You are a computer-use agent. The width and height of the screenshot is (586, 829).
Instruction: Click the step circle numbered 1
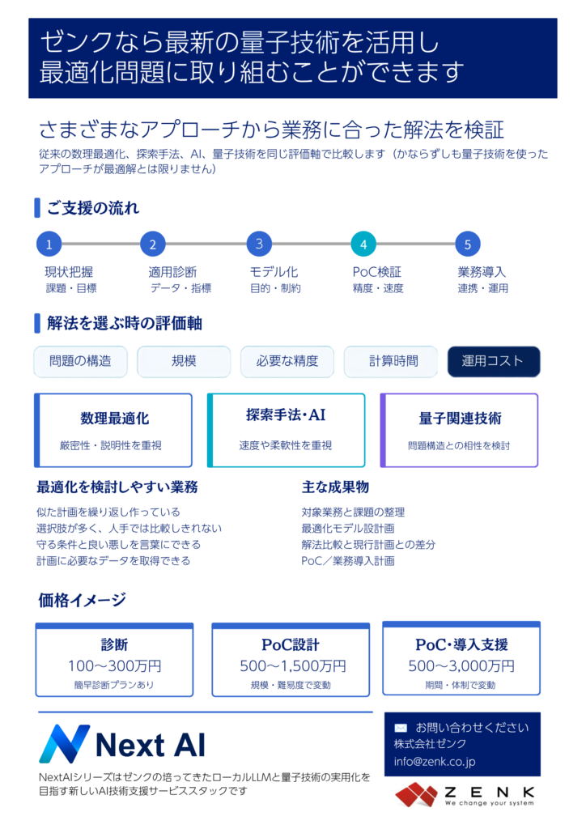49,244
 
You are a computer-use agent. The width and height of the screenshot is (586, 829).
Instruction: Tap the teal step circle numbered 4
363,244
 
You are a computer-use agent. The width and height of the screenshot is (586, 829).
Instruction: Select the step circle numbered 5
468,244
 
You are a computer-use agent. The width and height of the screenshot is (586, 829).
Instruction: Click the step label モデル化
274,272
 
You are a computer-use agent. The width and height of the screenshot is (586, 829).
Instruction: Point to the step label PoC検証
376,272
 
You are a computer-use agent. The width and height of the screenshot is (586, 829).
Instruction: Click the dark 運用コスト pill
494,362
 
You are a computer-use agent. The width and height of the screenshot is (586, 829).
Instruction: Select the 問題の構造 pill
80,362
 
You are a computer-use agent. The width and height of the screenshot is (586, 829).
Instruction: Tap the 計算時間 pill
391,362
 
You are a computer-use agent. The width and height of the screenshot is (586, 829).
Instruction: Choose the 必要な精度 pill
287,362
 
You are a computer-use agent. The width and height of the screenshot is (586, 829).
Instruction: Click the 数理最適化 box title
115,419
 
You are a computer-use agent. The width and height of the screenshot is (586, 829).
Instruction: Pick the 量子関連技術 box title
461,419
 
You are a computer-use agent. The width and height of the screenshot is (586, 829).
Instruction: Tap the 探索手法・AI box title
286,415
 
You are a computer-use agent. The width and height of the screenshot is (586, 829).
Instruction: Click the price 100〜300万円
115,666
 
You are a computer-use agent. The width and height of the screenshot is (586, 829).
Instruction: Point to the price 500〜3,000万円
461,666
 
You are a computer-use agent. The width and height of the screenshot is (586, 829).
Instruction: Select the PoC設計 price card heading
291,645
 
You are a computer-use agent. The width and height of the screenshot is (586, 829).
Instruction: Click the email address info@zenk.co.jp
435,762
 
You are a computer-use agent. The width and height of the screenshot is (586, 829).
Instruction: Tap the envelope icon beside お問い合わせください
401,728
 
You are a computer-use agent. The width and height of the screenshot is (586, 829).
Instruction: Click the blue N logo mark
65,744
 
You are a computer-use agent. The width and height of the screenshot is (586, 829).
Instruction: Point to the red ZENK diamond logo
417,795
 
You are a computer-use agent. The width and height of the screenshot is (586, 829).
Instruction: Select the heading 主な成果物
335,487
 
